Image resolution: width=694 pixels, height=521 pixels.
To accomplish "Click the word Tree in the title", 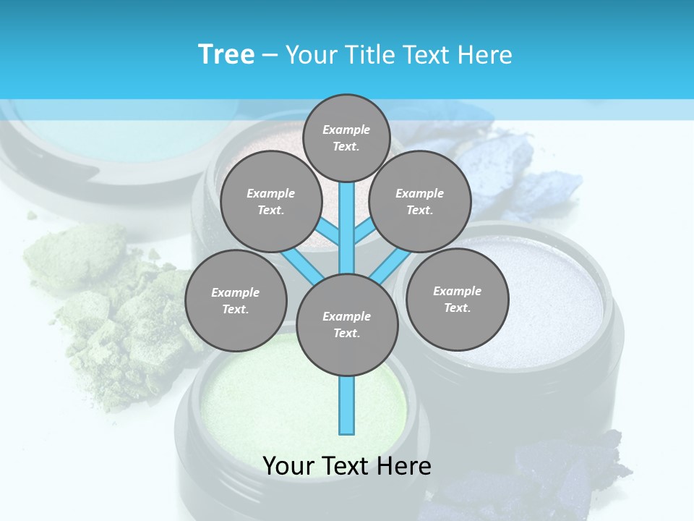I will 226,54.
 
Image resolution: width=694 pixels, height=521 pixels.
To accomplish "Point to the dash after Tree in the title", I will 270,56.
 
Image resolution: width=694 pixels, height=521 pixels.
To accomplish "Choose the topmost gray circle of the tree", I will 346,137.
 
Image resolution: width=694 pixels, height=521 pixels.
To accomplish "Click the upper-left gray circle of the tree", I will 270,201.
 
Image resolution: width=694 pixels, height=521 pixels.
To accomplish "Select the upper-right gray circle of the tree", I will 419,201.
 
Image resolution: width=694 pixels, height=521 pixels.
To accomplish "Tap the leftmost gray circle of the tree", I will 235,300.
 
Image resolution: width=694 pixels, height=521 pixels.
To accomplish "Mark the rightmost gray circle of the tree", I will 457,299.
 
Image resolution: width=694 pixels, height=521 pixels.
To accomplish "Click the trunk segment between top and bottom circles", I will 347,228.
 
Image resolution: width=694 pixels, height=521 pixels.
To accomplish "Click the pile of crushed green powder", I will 108,304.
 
